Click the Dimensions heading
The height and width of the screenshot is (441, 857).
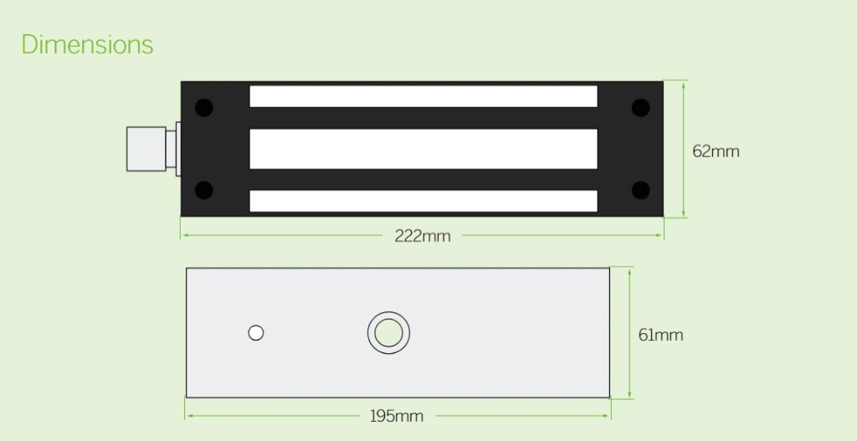click(x=87, y=44)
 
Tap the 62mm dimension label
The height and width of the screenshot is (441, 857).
click(x=716, y=151)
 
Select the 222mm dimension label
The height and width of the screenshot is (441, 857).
click(x=423, y=236)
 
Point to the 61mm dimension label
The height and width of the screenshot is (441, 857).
click(x=660, y=335)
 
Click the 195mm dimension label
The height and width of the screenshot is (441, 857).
click(x=396, y=416)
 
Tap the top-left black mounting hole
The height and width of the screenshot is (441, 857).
click(x=204, y=108)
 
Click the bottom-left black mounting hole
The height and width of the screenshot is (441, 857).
click(x=204, y=190)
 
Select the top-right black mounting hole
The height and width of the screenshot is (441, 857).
click(x=640, y=108)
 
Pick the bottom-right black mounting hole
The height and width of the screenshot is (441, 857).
click(x=640, y=190)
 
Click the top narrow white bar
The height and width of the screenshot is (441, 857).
click(x=423, y=96)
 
